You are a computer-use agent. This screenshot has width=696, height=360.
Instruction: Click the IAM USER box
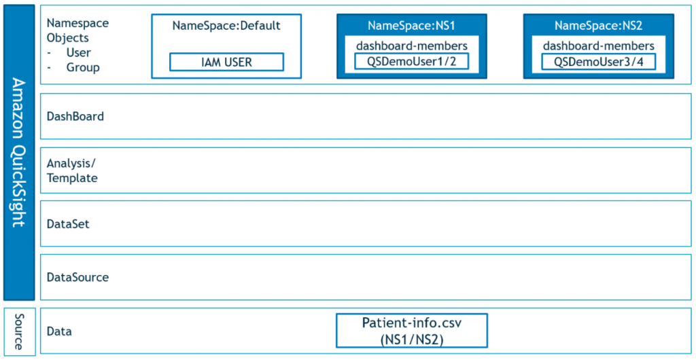[226, 62]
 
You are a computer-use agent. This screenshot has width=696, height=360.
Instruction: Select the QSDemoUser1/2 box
[411, 62]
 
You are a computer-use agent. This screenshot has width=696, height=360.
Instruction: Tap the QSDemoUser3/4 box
[598, 62]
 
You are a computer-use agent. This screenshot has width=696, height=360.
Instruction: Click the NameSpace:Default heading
[226, 26]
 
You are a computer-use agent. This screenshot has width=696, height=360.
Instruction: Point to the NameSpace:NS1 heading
[411, 26]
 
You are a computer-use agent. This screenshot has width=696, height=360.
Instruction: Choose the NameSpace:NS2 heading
[598, 26]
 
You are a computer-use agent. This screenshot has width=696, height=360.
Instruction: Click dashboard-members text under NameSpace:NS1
[411, 46]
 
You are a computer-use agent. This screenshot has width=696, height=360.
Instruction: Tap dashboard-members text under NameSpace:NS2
[598, 46]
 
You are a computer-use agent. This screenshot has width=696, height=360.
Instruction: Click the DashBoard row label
[75, 116]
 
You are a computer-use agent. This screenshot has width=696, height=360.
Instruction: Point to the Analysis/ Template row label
[72, 170]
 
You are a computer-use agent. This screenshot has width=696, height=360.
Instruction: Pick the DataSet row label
[68, 223]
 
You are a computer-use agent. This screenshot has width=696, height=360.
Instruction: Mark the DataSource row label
[77, 277]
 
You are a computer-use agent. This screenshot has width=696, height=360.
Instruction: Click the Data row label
[59, 331]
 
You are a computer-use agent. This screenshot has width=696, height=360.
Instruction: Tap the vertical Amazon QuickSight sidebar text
[19, 152]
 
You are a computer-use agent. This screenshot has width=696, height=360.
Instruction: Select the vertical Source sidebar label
[19, 331]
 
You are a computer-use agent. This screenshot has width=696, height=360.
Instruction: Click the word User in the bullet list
[78, 52]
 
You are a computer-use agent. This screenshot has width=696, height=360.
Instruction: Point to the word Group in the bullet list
[83, 67]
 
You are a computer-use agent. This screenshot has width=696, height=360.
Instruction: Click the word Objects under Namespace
[68, 37]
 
